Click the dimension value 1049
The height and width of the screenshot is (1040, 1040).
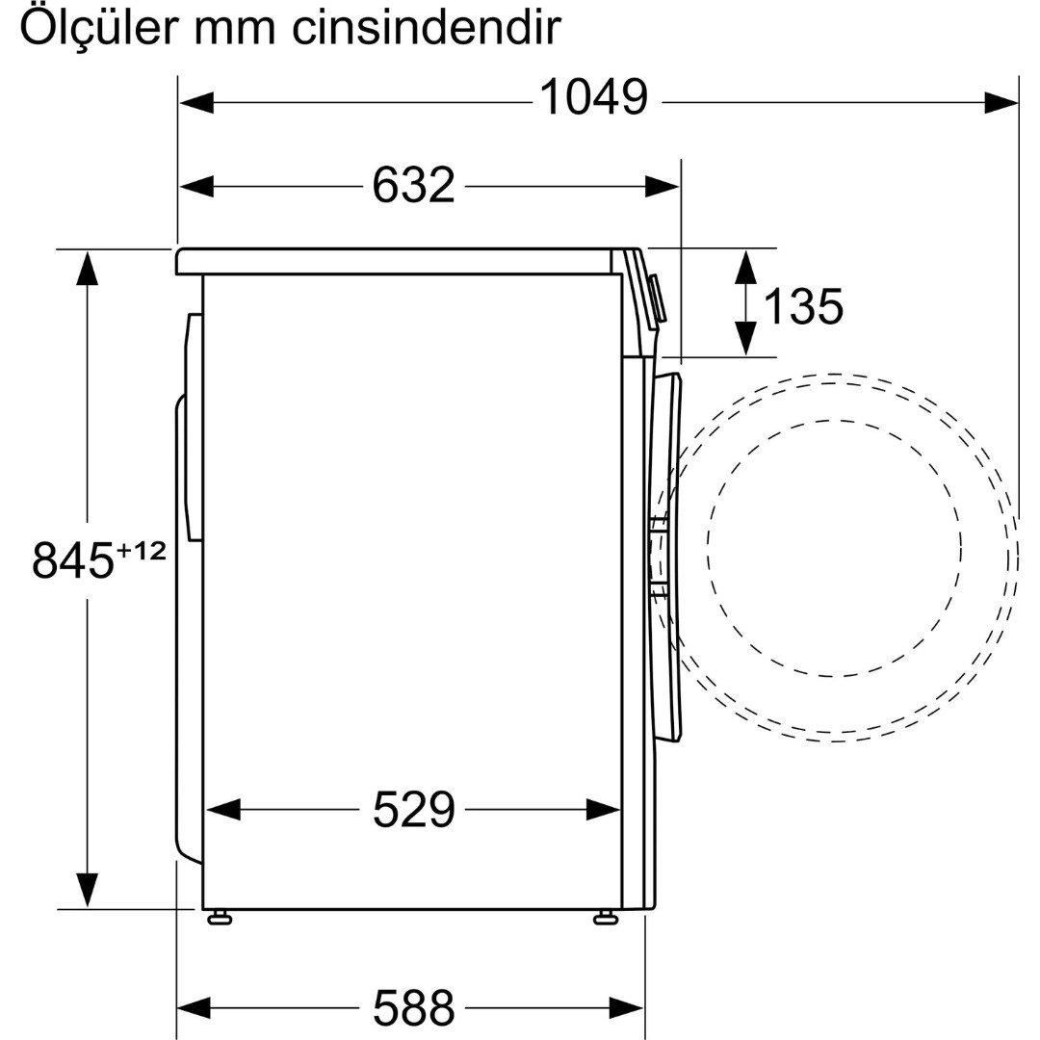point(593,97)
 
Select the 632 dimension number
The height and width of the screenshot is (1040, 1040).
point(413,185)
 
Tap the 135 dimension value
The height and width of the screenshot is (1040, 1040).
point(803,306)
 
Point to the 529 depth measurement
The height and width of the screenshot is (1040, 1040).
point(414,809)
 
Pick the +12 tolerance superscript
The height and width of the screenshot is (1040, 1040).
point(140,550)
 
